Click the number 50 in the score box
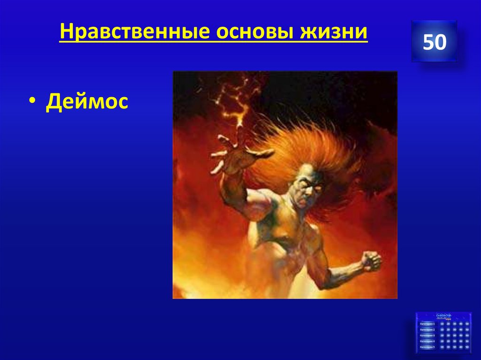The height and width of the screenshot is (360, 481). [434, 42]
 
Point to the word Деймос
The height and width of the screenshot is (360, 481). [87, 101]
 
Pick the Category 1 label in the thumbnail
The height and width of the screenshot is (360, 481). [427, 324]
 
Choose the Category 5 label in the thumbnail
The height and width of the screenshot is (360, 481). [427, 346]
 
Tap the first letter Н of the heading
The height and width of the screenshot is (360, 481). [65, 32]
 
